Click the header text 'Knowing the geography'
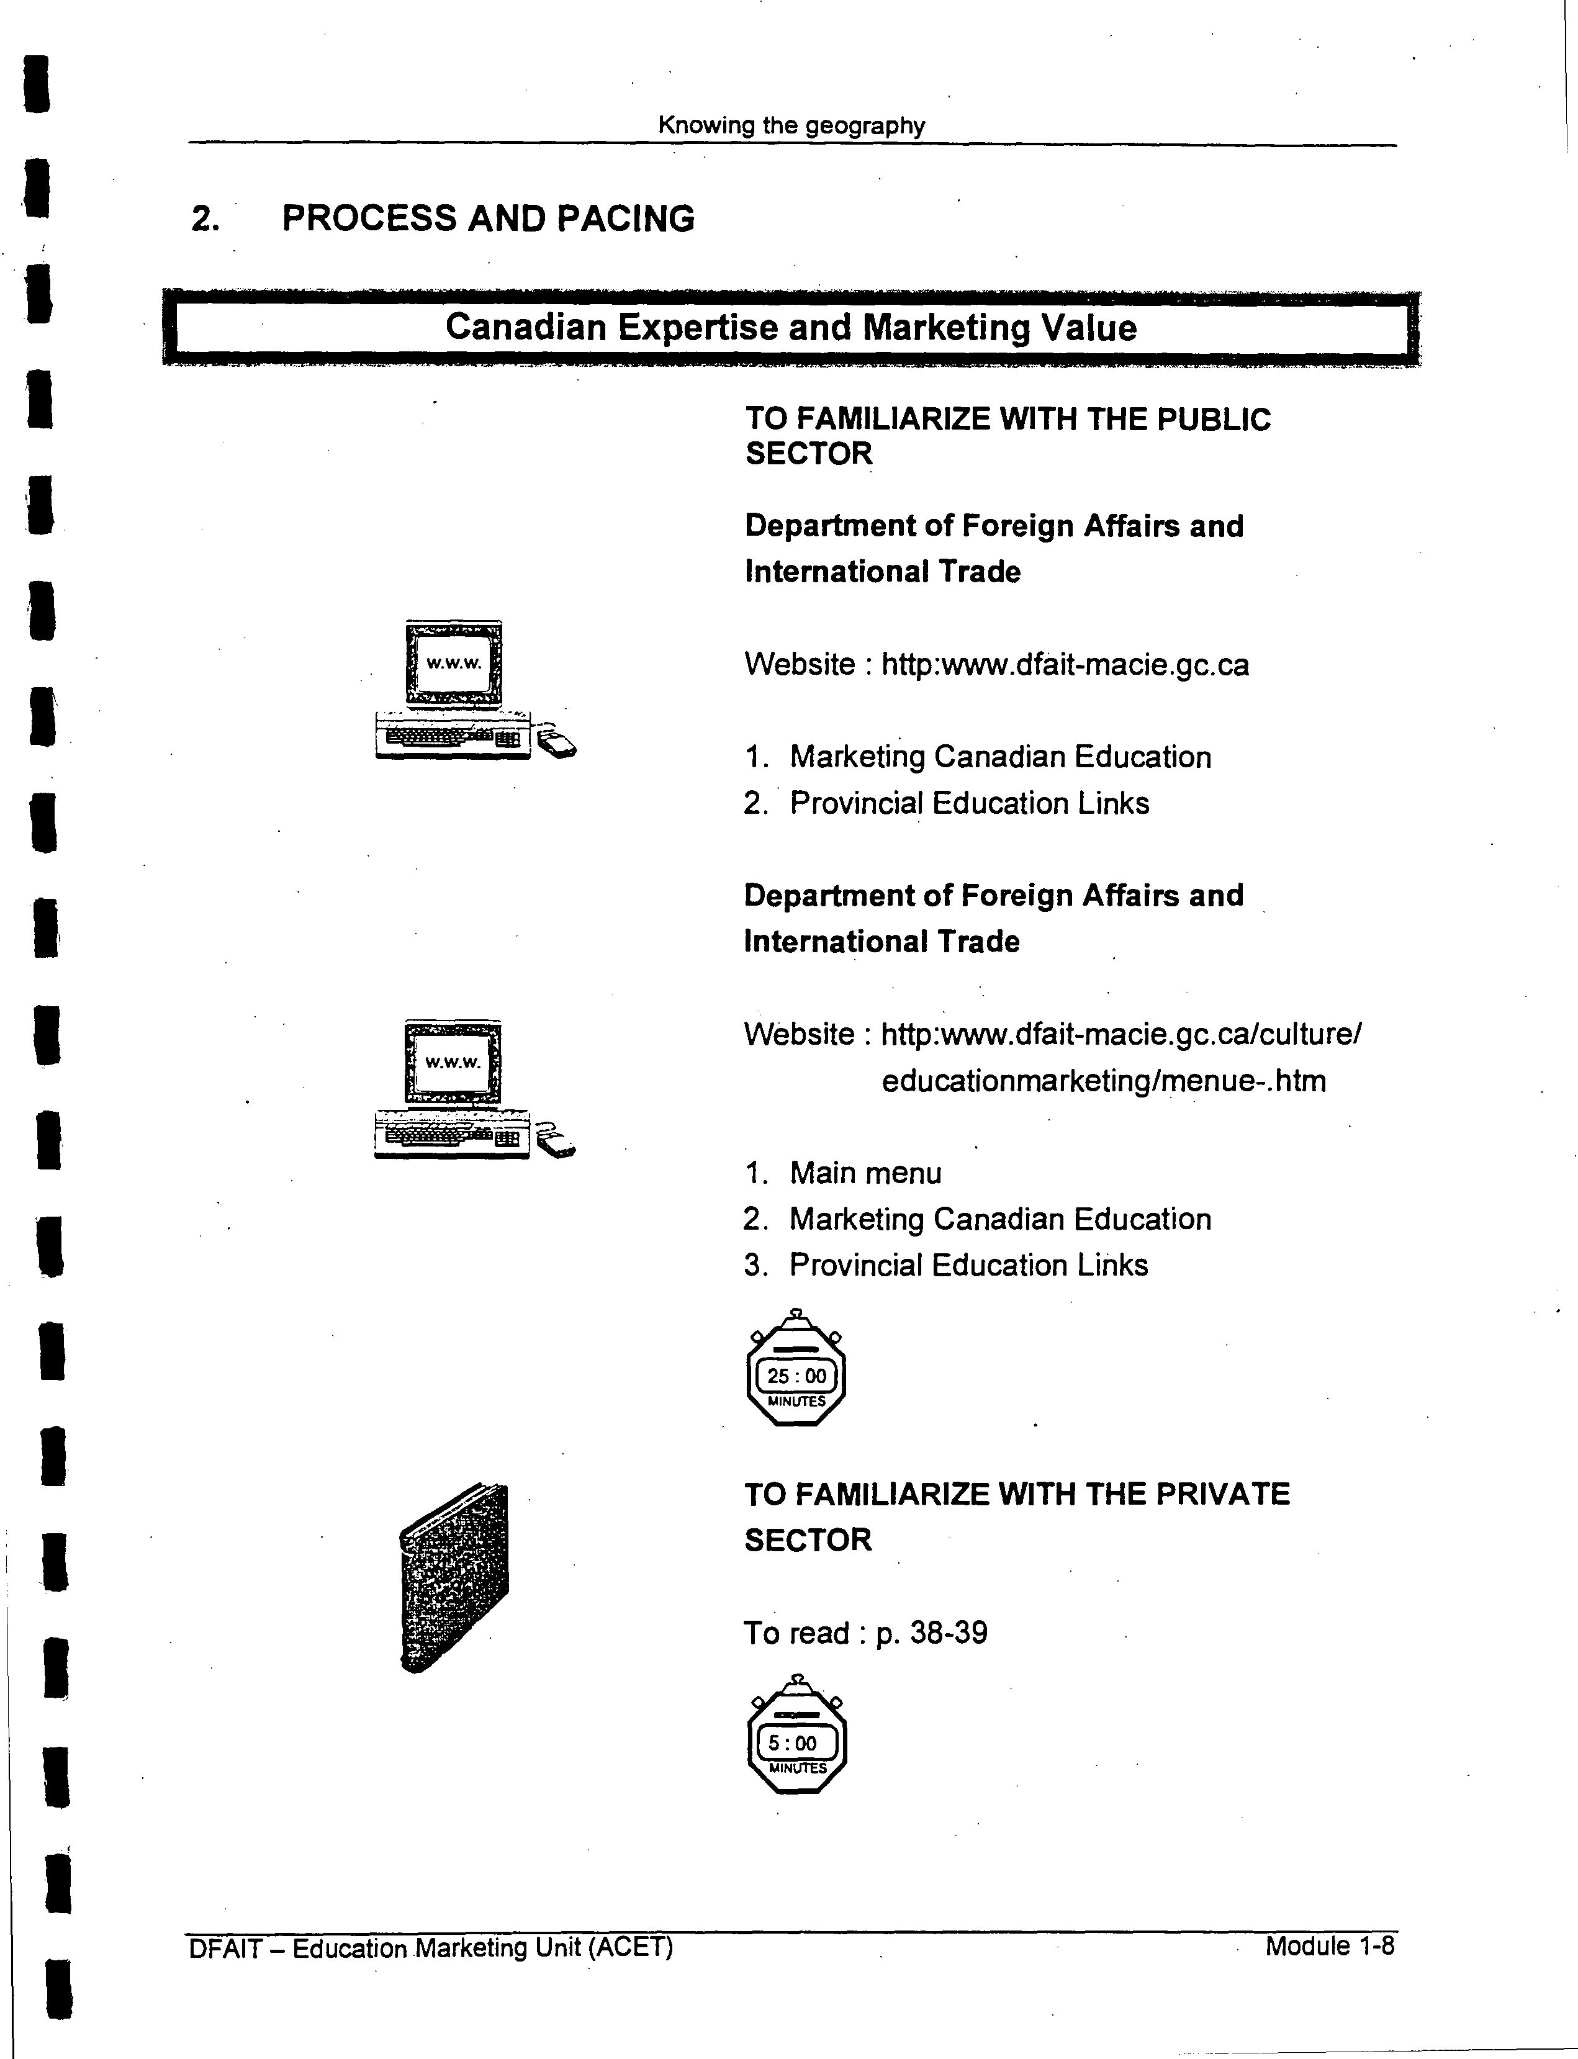(x=791, y=125)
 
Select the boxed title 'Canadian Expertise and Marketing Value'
(x=791, y=327)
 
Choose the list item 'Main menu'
(x=865, y=1173)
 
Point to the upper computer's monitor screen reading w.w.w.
(x=454, y=662)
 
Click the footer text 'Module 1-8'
(x=1329, y=1945)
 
